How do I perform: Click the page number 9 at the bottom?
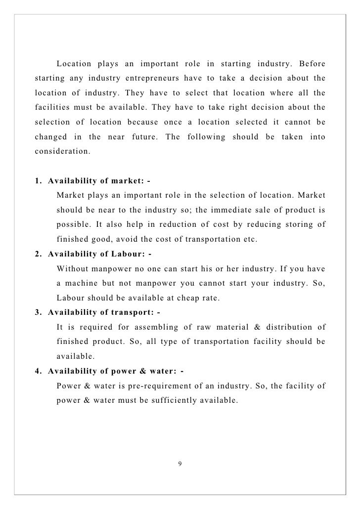(180, 463)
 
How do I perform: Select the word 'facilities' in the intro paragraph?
(52, 107)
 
